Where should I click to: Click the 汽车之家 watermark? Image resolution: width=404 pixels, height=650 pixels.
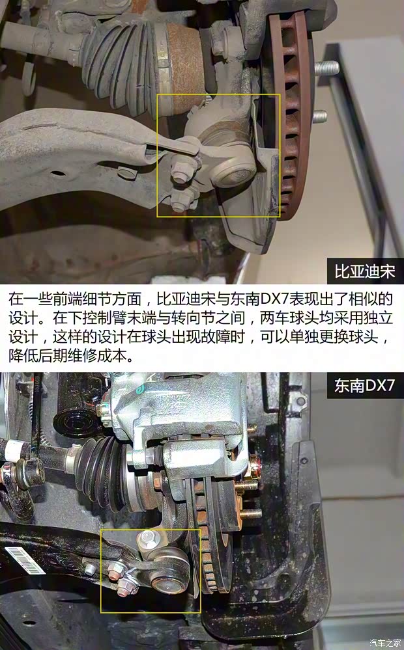385,643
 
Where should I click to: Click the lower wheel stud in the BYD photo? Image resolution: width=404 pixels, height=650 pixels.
319,117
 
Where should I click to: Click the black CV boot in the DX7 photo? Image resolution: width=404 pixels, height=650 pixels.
104,465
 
